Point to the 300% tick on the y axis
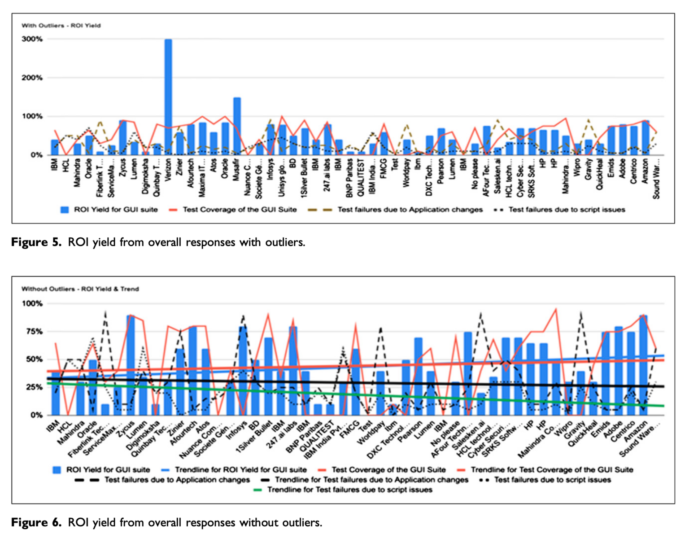click(32, 39)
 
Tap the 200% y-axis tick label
click(32, 78)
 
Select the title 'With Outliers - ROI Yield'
click(61, 26)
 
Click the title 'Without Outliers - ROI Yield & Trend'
click(80, 289)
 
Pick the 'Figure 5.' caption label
click(36, 242)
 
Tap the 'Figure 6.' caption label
click(36, 522)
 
